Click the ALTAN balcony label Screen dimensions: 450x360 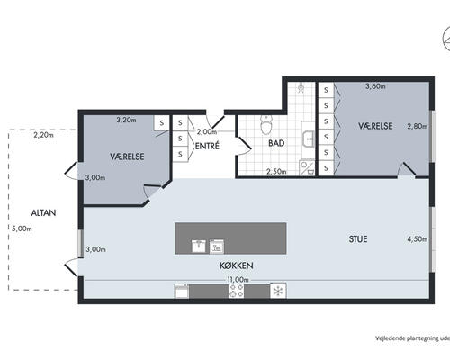click(43, 212)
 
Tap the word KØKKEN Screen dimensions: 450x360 click(237, 265)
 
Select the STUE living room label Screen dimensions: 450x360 click(358, 239)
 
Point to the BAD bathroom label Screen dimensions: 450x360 click(276, 143)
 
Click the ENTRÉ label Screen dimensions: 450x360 click(207, 146)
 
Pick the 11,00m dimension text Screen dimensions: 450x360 click(238, 280)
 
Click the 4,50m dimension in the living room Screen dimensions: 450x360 click(418, 239)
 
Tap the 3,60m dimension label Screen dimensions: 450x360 click(375, 86)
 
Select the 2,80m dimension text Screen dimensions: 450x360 click(418, 126)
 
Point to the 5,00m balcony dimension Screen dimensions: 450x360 click(22, 229)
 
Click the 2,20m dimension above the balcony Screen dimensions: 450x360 click(43, 135)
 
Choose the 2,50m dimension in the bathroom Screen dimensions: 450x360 click(276, 172)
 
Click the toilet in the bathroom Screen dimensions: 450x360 click(266, 125)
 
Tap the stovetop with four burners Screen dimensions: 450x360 click(236, 291)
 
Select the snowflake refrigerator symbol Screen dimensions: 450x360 click(278, 291)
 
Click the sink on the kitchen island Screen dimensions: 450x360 click(199, 246)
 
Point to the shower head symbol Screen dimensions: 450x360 click(301, 89)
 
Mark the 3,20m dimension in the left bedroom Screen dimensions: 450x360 click(126, 120)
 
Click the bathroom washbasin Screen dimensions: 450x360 click(308, 139)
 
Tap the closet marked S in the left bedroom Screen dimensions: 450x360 click(162, 123)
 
